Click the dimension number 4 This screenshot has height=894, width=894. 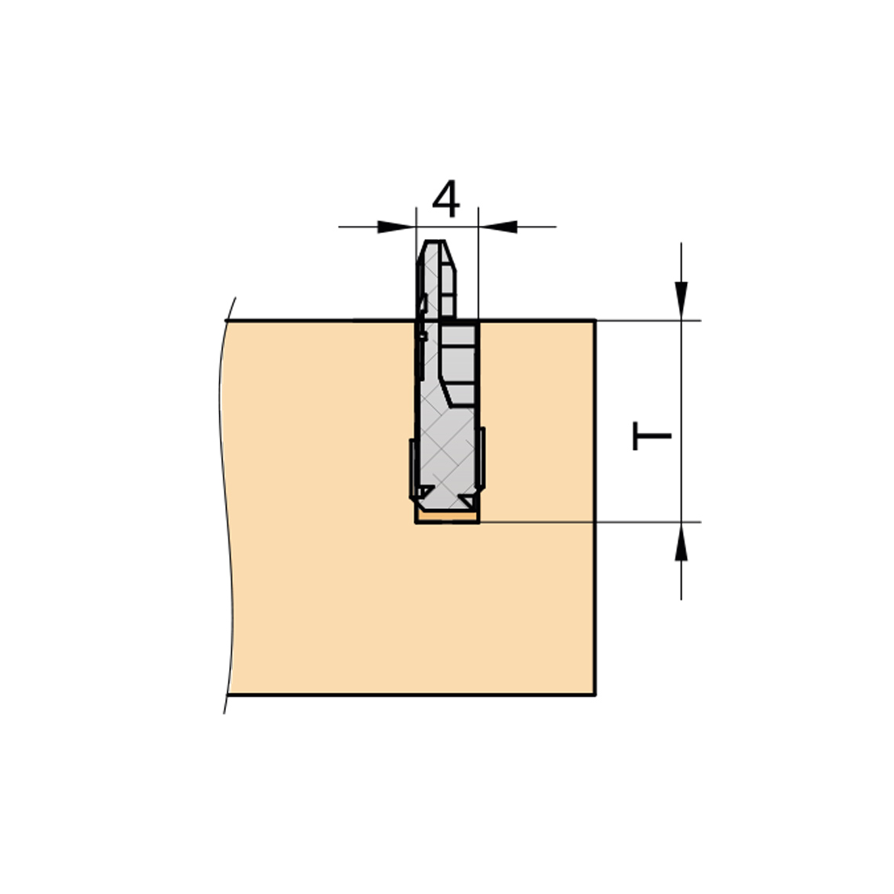point(446,199)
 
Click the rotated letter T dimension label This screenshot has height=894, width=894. point(652,436)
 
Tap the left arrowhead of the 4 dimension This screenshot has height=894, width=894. point(397,227)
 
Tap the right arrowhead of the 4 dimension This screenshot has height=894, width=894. point(498,227)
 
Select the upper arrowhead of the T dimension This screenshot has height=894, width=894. point(681,301)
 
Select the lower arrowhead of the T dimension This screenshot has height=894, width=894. point(681,541)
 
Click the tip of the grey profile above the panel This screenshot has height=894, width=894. point(434,242)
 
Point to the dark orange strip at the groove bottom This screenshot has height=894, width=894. point(447,517)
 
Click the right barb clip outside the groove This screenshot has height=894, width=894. point(482,457)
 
